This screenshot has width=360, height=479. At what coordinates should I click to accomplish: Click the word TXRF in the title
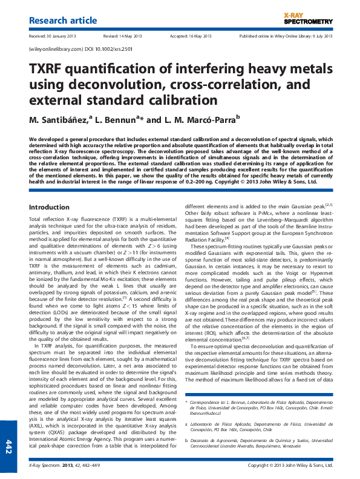pos(48,69)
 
